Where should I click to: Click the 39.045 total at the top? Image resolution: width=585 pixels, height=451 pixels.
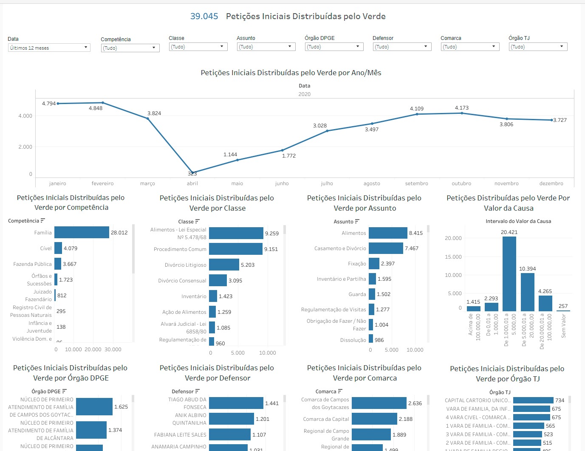point(204,17)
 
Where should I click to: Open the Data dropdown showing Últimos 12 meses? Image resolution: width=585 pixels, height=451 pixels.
point(49,48)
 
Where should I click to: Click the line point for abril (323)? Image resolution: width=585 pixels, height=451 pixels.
point(192,172)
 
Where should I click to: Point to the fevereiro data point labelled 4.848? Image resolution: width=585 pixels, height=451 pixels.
point(103,103)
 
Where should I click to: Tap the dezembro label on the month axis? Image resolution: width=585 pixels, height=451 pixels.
point(551,183)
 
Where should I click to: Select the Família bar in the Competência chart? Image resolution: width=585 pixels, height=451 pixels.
point(82,232)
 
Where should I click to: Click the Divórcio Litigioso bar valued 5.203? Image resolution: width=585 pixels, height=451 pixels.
point(224,265)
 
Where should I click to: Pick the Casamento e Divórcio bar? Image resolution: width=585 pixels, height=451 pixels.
point(386,248)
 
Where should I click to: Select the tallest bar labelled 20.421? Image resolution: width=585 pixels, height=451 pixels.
point(509,274)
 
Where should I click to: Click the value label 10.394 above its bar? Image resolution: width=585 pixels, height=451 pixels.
point(527,269)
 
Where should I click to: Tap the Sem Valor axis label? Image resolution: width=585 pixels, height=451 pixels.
point(564,326)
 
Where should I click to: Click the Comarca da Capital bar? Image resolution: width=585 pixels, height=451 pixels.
point(374,419)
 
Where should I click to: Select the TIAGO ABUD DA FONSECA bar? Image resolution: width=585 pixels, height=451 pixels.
point(236,403)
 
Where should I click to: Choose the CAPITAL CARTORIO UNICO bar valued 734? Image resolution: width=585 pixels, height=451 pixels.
point(533,400)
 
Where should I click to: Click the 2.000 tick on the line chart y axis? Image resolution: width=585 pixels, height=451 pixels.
point(25,147)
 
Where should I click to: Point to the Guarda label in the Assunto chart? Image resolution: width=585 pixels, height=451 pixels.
point(357,294)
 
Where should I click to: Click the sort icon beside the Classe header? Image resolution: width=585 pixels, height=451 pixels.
point(198,221)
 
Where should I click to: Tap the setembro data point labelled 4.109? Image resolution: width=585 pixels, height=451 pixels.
point(417,114)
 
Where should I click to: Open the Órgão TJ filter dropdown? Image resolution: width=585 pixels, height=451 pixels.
point(538,47)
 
